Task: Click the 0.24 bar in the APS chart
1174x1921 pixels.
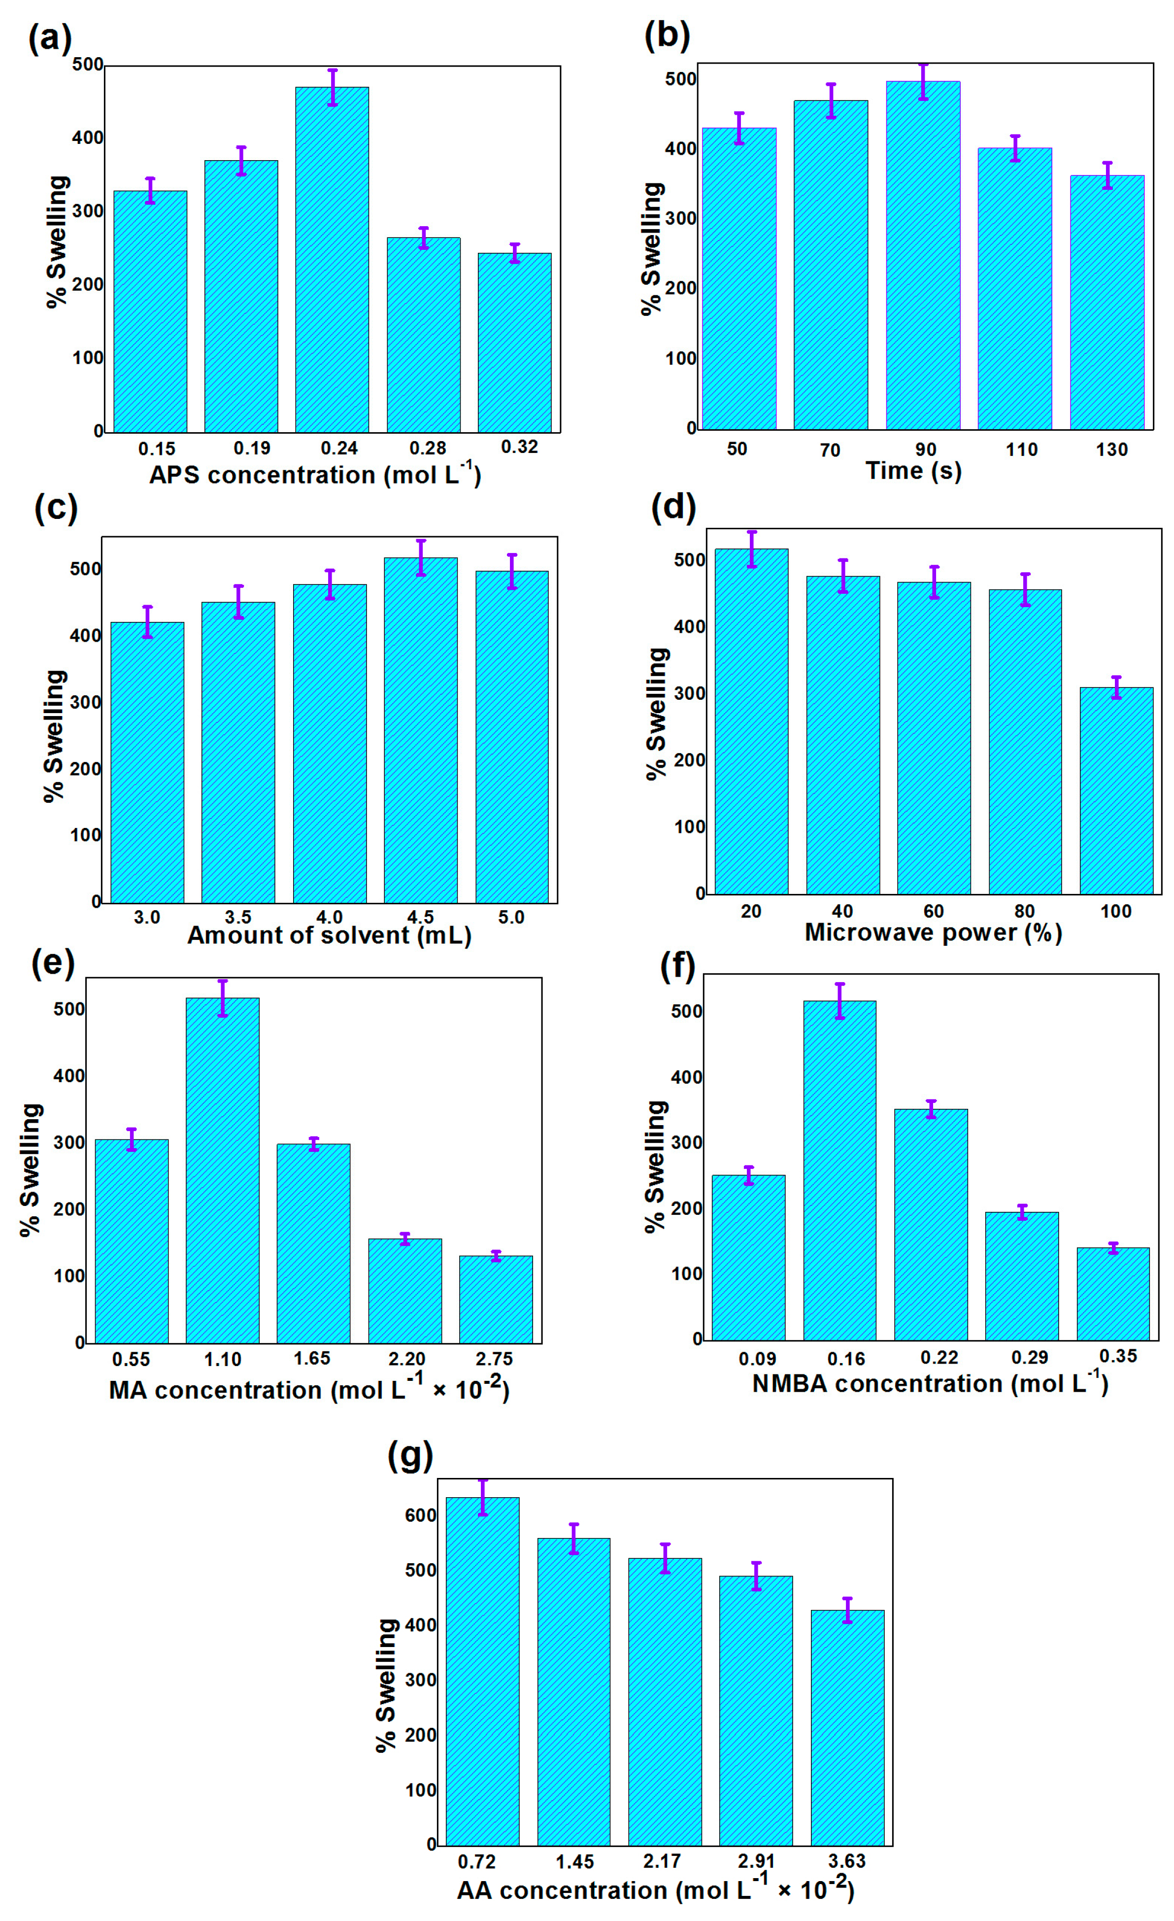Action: pyautogui.click(x=332, y=261)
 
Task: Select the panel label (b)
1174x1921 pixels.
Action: pyautogui.click(x=667, y=36)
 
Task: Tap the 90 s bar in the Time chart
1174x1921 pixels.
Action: pyautogui.click(x=922, y=257)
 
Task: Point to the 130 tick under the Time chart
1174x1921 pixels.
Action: pyautogui.click(x=1111, y=450)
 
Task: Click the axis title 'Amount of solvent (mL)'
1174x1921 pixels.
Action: pyautogui.click(x=329, y=935)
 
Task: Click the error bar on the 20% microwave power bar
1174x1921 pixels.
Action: pyautogui.click(x=751, y=549)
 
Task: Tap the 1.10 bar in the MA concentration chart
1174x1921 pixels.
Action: pyautogui.click(x=222, y=1171)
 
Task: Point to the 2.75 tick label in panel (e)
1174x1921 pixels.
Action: pyautogui.click(x=494, y=1359)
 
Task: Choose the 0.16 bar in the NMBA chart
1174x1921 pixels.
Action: pyautogui.click(x=839, y=1171)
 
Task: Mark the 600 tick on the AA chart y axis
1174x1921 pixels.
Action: pyautogui.click(x=421, y=1515)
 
